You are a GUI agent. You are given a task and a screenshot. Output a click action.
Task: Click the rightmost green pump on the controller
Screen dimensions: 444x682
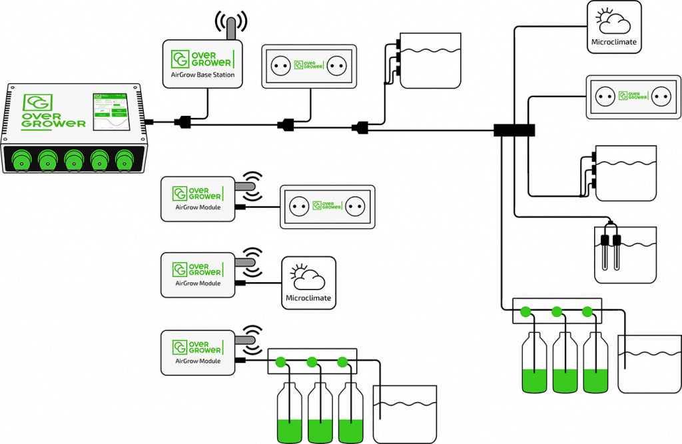[125, 160]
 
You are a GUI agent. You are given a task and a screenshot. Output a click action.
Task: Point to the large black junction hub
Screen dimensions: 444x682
[514, 130]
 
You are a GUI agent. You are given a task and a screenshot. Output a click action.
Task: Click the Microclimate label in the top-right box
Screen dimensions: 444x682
[614, 42]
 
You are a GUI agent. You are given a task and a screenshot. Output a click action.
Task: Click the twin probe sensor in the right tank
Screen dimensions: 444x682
[610, 250]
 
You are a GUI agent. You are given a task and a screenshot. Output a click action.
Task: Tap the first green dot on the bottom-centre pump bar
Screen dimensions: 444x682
[280, 362]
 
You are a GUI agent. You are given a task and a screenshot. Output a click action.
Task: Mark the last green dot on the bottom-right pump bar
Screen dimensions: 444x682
[587, 311]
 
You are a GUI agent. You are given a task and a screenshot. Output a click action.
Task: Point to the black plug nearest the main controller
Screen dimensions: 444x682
[182, 122]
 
